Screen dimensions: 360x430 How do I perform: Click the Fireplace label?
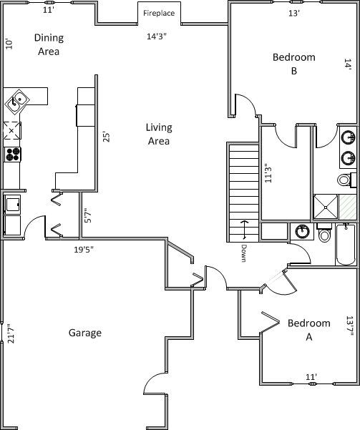point(159,13)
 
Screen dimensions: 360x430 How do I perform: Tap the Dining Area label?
point(49,44)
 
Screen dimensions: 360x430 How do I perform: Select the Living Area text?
point(159,134)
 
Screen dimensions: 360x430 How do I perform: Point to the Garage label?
point(85,333)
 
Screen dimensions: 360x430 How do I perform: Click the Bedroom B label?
point(294,64)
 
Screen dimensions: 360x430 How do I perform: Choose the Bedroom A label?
point(309,330)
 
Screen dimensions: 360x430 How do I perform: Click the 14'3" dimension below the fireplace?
point(157,36)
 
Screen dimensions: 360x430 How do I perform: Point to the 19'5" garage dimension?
point(84,250)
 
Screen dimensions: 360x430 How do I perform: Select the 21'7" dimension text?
point(11,333)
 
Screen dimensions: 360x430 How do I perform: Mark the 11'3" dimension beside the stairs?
point(268,173)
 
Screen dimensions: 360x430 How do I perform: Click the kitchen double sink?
point(16,102)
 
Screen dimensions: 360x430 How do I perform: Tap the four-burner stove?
point(13,155)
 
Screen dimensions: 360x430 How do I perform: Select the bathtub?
point(346,245)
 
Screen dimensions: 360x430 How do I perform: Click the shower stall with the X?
point(326,207)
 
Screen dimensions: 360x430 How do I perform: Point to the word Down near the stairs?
point(243,253)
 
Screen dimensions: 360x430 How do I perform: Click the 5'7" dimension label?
point(88,215)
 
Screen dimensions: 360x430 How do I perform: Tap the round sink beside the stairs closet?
point(302,232)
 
